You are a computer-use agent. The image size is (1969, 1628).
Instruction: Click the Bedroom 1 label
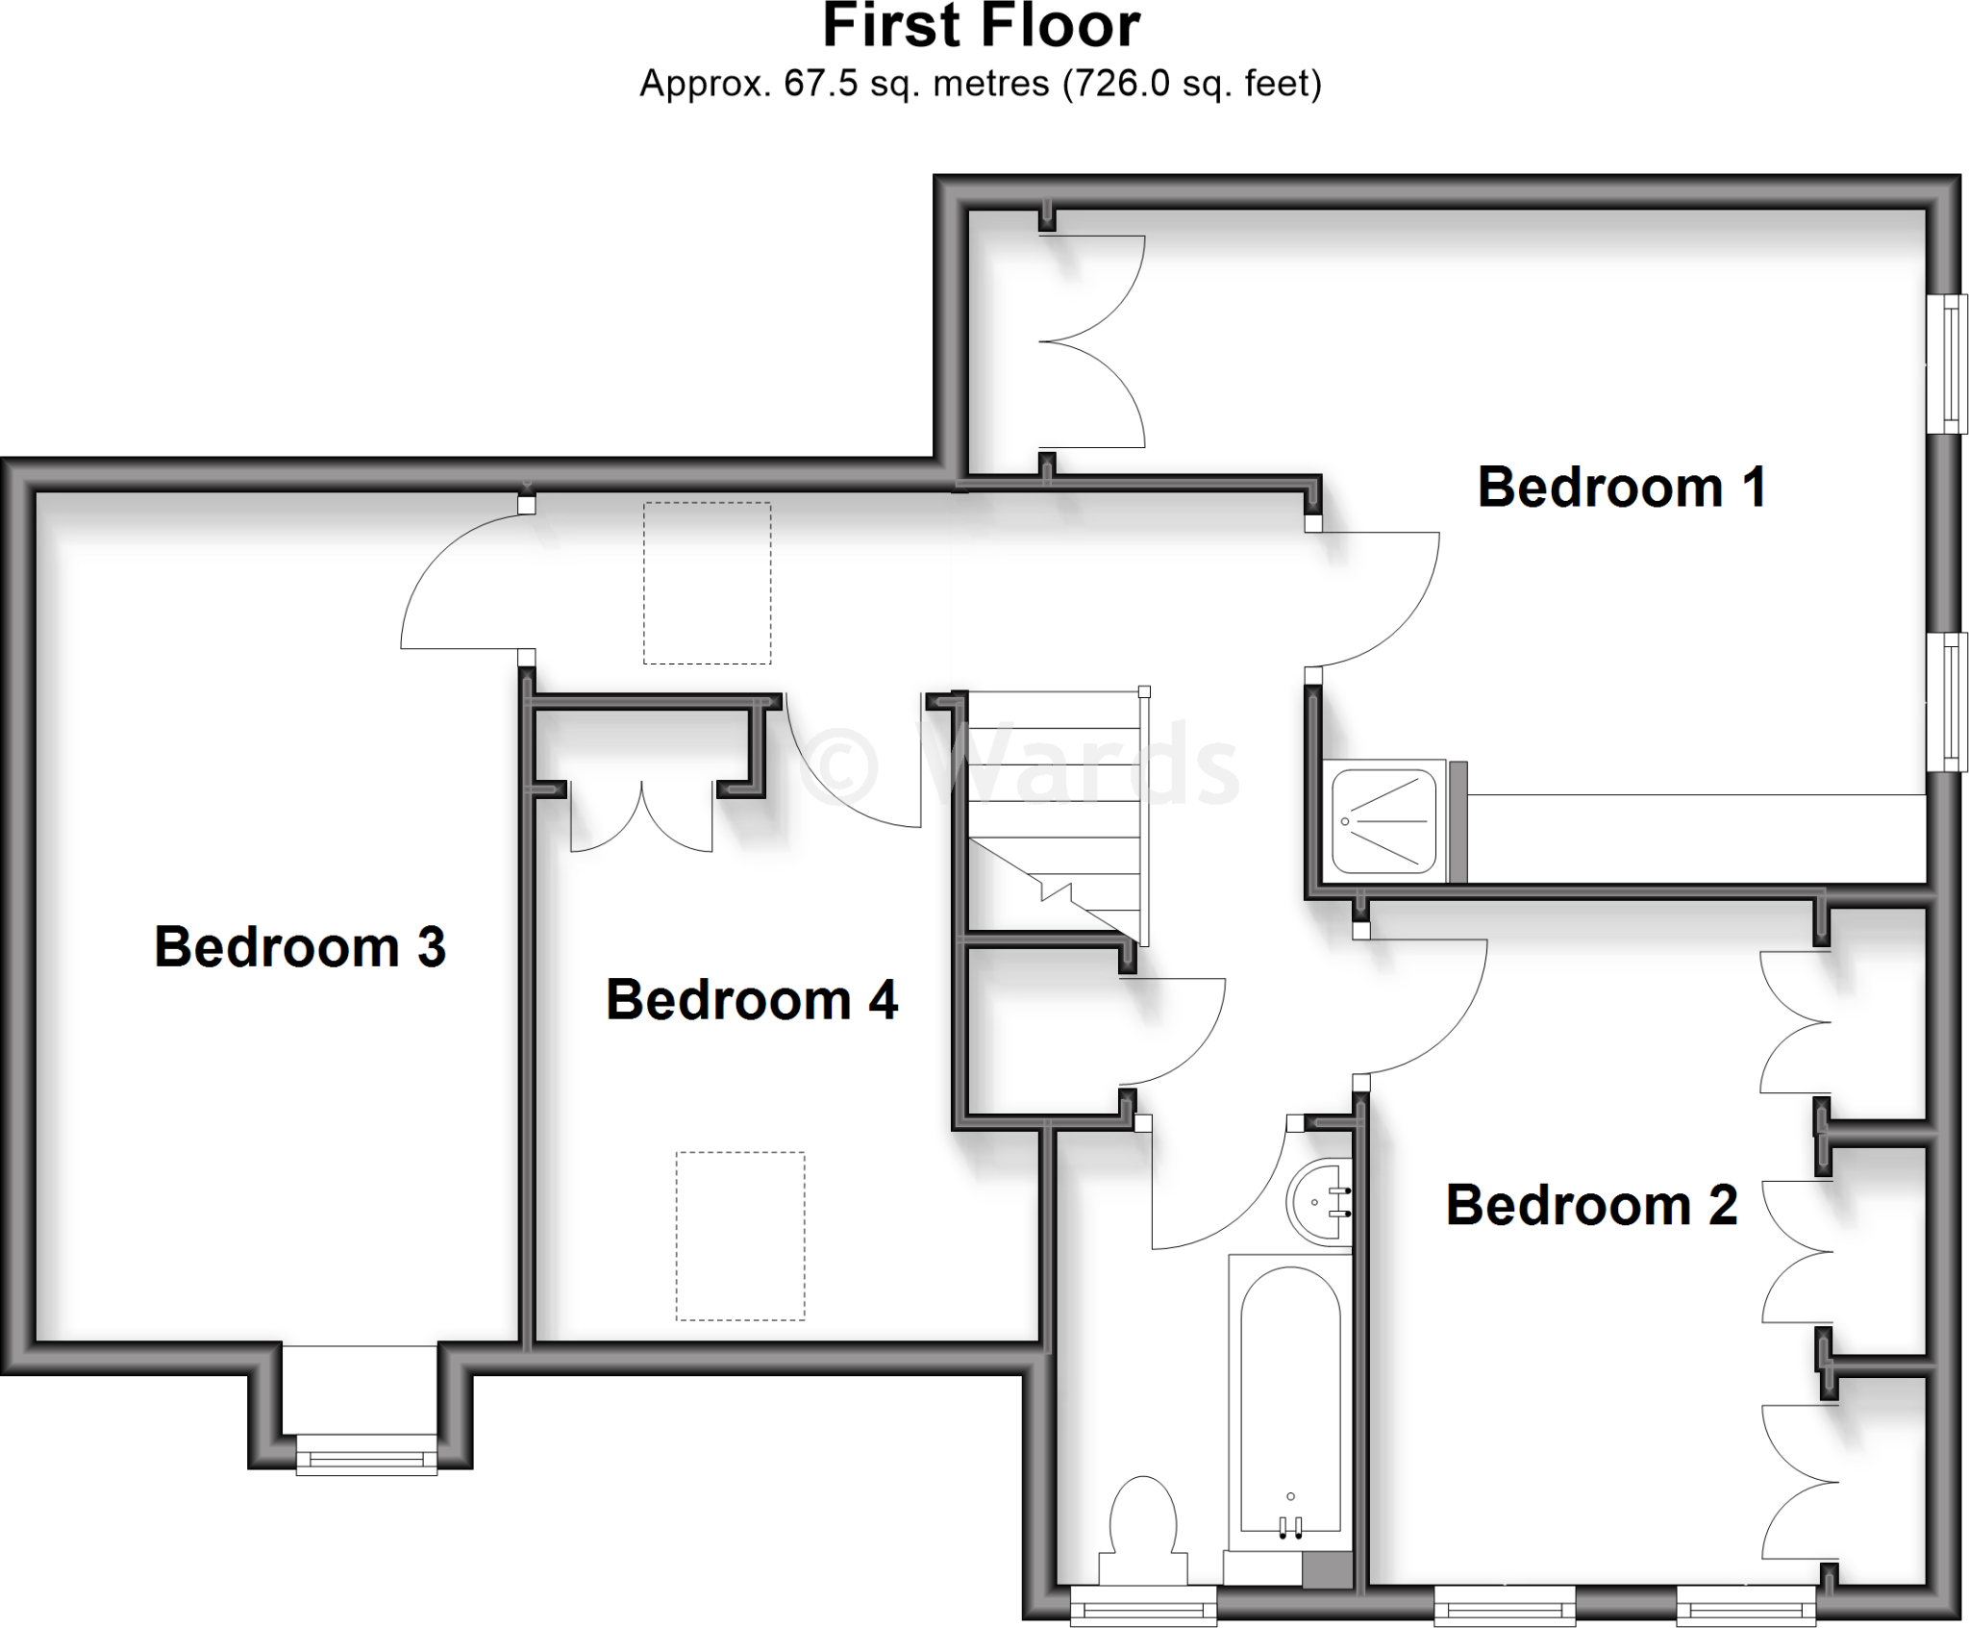tap(1621, 488)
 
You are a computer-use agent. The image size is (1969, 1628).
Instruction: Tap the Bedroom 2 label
tap(1591, 1205)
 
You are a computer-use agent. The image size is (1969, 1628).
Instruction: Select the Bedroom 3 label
tap(300, 947)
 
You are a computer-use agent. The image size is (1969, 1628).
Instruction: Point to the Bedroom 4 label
tap(752, 1000)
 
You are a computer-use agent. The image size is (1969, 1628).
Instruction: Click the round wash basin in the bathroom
tap(1318, 1201)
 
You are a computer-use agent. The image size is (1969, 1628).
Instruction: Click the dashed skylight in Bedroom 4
tap(740, 1236)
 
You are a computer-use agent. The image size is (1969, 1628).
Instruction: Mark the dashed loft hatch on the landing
tap(707, 583)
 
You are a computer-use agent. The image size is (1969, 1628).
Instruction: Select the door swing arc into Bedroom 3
tap(452, 587)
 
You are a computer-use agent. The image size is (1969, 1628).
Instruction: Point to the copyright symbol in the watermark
tap(838, 764)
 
